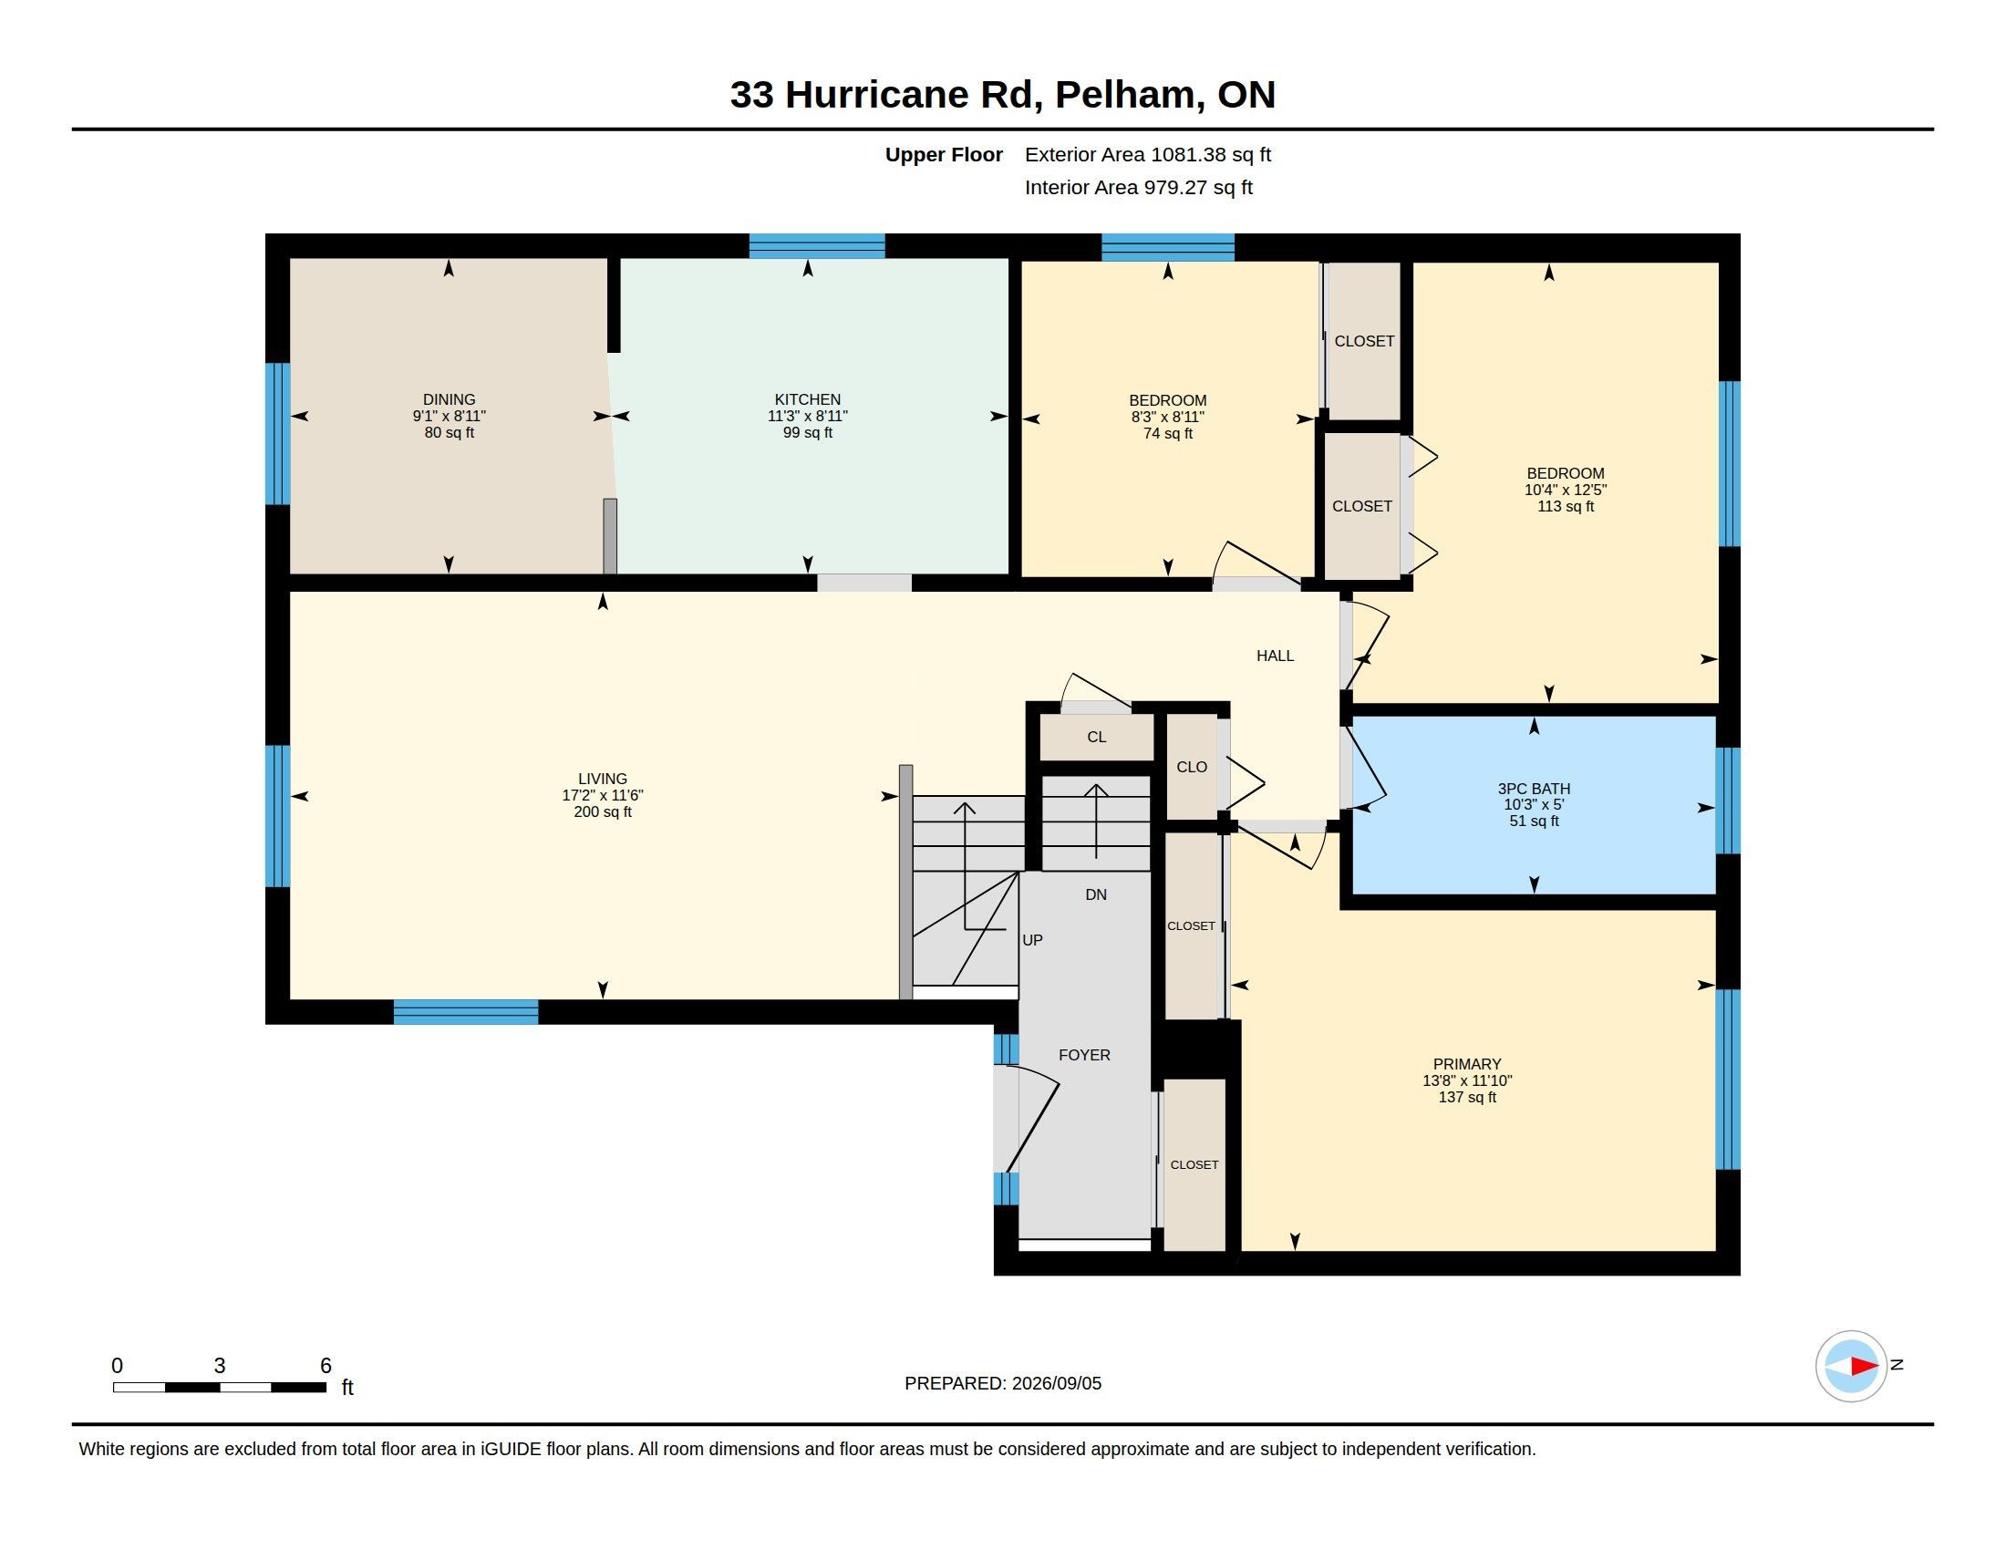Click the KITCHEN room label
click(x=807, y=399)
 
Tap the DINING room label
click(x=450, y=399)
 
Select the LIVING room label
click(x=603, y=779)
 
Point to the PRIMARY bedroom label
click(x=1467, y=1064)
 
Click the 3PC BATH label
click(x=1534, y=789)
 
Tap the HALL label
click(x=1275, y=656)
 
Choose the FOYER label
click(x=1085, y=1055)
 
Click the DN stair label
click(x=1096, y=894)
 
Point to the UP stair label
click(x=1032, y=940)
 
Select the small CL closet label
click(x=1097, y=738)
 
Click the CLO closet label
click(x=1193, y=768)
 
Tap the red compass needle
click(x=1865, y=1367)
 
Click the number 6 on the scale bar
click(x=326, y=1366)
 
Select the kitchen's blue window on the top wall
click(x=817, y=246)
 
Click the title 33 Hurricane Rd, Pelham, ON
click(x=1003, y=95)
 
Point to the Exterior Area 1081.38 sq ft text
click(x=1148, y=154)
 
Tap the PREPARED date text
click(x=1003, y=1383)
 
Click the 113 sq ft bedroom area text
click(x=1566, y=506)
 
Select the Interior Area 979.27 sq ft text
click(x=1139, y=187)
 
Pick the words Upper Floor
click(x=945, y=154)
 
